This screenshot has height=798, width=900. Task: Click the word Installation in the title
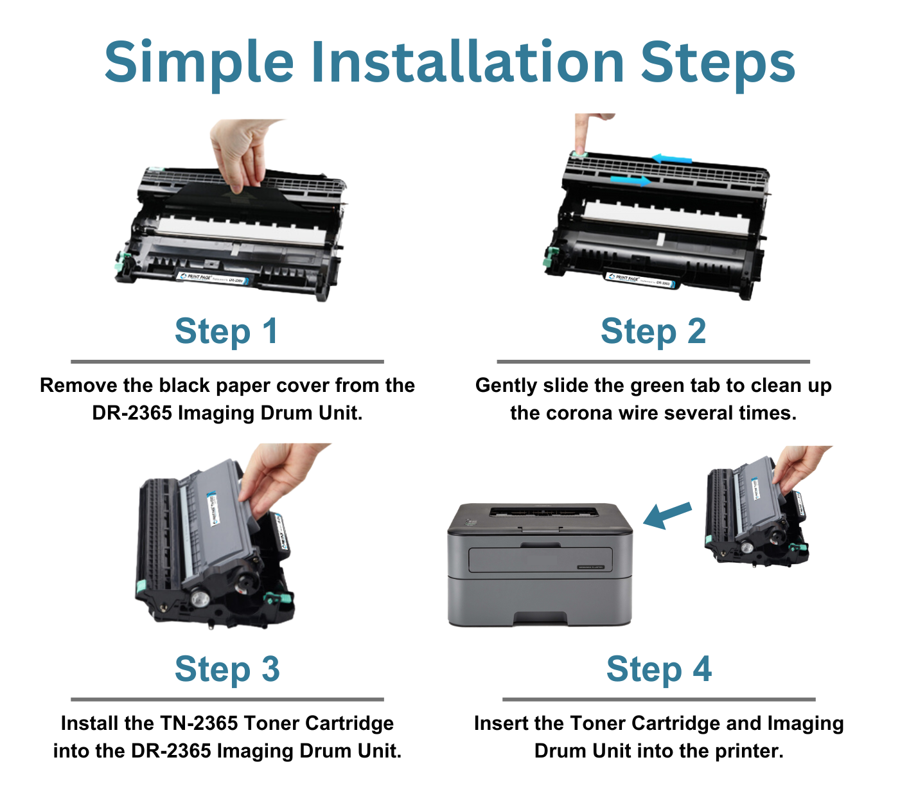pyautogui.click(x=468, y=62)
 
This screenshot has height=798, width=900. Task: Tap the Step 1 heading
pyautogui.click(x=226, y=332)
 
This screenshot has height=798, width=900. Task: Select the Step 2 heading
pyautogui.click(x=653, y=332)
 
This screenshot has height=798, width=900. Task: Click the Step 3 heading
pyautogui.click(x=227, y=669)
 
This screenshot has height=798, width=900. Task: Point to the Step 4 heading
pyautogui.click(x=658, y=669)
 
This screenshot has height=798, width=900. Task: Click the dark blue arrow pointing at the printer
pyautogui.click(x=667, y=515)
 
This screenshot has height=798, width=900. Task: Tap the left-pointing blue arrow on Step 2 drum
pyautogui.click(x=671, y=159)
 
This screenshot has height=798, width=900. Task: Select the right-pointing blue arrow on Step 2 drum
pyautogui.click(x=630, y=180)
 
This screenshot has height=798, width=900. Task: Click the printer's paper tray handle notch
pyautogui.click(x=540, y=618)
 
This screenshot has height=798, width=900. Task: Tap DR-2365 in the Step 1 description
pyautogui.click(x=132, y=413)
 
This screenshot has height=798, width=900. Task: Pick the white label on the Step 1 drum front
pyautogui.click(x=212, y=278)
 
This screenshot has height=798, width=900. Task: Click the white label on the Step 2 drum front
pyautogui.click(x=640, y=279)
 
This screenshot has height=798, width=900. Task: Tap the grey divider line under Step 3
pyautogui.click(x=227, y=699)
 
